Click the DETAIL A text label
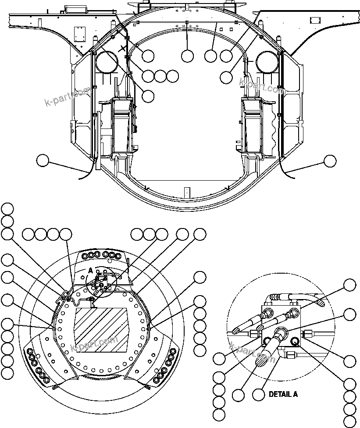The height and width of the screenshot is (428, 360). tap(283, 394)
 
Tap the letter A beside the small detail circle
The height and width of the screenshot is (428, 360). tap(90, 271)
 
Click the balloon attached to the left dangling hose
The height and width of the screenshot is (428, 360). tap(43, 161)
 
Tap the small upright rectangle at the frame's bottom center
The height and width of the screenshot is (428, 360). tap(187, 192)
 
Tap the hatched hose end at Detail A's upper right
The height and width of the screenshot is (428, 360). tap(320, 302)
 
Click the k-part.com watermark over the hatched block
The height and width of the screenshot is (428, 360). tap(94, 344)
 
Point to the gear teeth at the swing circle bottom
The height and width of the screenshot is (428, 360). tap(101, 378)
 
